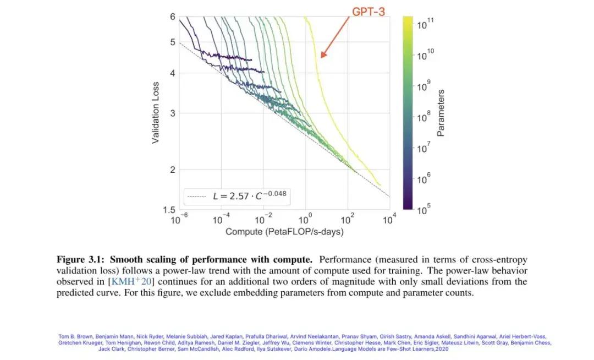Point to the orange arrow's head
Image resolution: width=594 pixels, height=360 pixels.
[x=323, y=56]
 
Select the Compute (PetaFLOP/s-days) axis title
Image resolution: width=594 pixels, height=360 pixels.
[x=284, y=232]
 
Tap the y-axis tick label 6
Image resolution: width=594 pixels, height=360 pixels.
[x=173, y=17]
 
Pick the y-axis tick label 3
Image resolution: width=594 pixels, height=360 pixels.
[x=173, y=113]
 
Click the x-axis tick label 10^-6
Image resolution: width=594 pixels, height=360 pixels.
[x=177, y=220]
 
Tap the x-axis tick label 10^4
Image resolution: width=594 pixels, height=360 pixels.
[x=389, y=220]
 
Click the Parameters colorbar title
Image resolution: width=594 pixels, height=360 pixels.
[x=441, y=112]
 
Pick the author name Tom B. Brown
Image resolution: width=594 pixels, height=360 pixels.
[x=75, y=336]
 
